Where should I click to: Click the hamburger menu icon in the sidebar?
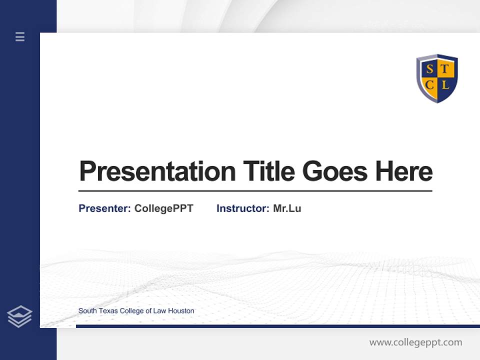pyautogui.click(x=20, y=36)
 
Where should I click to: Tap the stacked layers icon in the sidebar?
pyautogui.click(x=19, y=316)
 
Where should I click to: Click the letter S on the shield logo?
pyautogui.click(x=429, y=69)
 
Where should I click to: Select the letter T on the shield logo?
pyautogui.click(x=444, y=69)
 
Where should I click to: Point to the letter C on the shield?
pyautogui.click(x=429, y=85)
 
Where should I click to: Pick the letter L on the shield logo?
pyautogui.click(x=445, y=85)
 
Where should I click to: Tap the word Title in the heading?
pyautogui.click(x=268, y=171)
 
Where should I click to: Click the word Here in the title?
pyautogui.click(x=404, y=171)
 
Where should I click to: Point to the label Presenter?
pyautogui.click(x=105, y=208)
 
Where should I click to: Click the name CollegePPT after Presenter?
pyautogui.click(x=163, y=208)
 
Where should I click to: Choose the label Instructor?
pyautogui.click(x=243, y=208)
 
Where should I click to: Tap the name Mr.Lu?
pyautogui.click(x=287, y=208)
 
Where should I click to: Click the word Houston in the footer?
pyautogui.click(x=181, y=311)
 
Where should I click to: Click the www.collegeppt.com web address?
pyautogui.click(x=415, y=342)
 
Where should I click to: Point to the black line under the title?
pyautogui.click(x=255, y=191)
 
